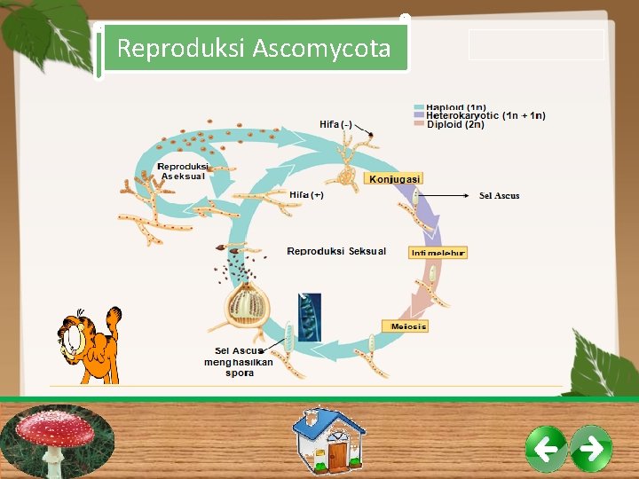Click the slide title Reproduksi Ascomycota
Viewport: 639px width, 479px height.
253,48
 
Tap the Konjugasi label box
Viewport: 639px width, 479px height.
395,178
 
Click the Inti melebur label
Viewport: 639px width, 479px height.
438,253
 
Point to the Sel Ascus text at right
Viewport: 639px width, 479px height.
499,195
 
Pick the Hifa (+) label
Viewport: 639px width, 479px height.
306,194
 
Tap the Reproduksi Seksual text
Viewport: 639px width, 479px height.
336,251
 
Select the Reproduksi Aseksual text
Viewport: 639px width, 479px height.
182,170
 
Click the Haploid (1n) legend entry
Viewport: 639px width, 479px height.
455,107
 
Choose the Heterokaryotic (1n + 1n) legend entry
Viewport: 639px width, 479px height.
485,115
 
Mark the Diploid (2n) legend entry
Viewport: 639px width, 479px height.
455,125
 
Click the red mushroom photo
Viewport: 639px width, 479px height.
58,441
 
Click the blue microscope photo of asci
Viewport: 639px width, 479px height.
310,317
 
